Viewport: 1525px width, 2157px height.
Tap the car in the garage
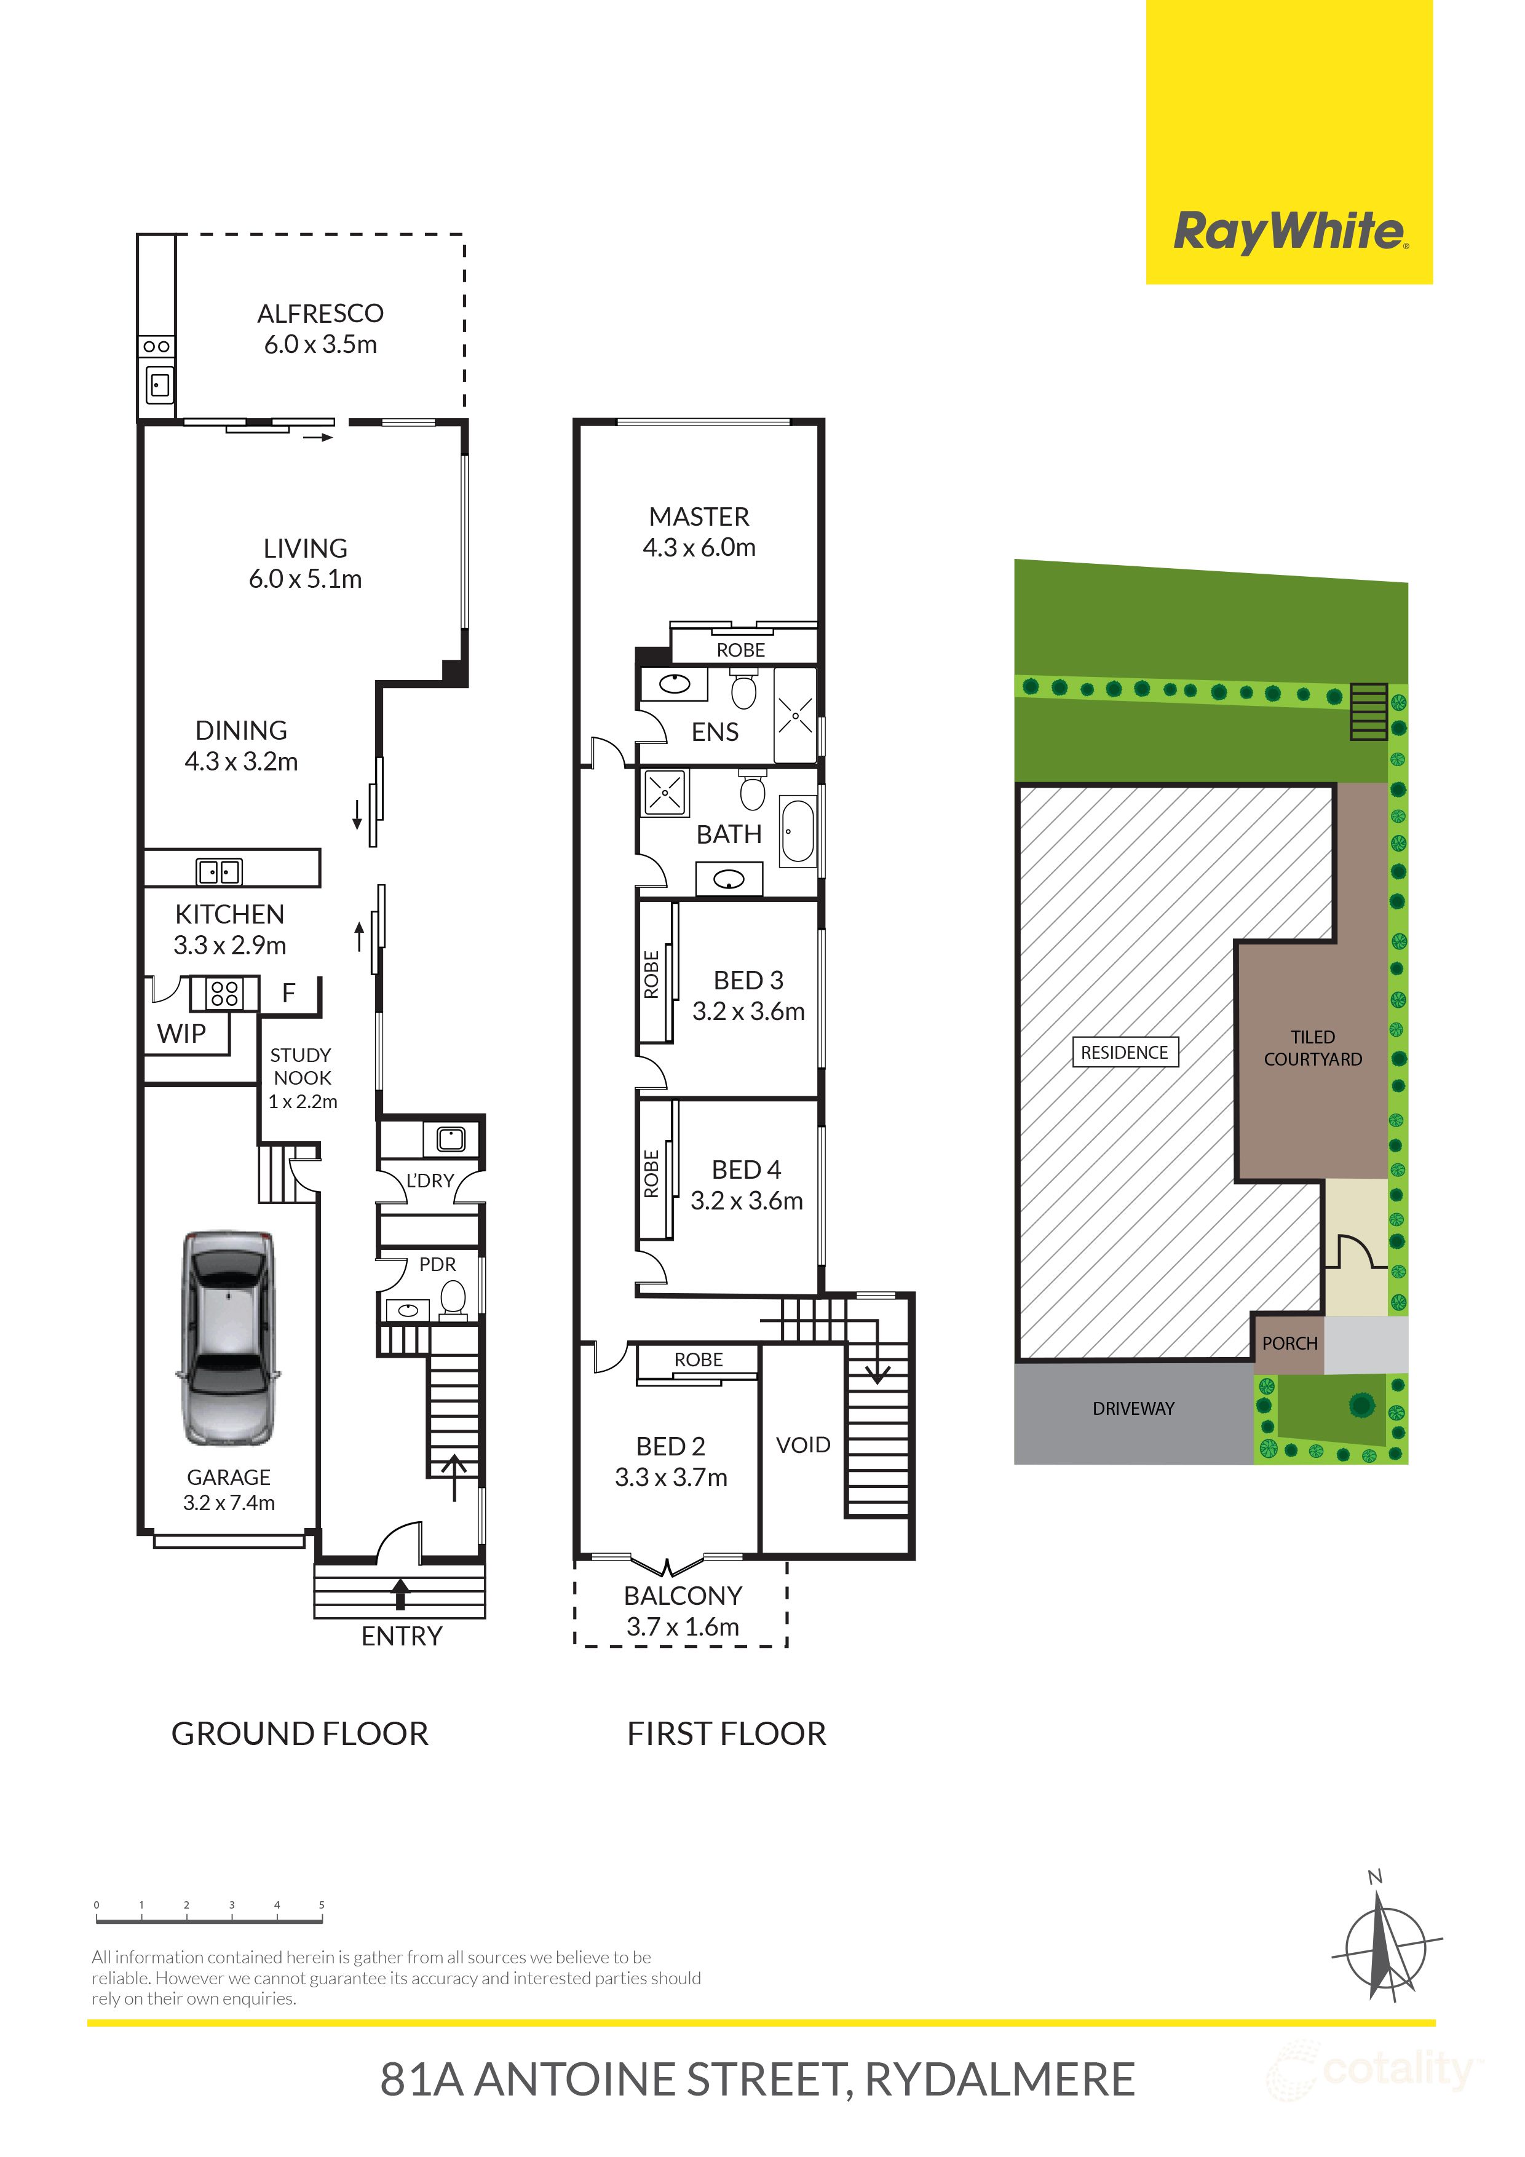[x=228, y=1338]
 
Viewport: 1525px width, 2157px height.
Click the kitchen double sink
[x=219, y=872]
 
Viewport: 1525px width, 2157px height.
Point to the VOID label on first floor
[x=803, y=1445]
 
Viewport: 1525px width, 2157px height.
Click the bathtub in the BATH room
[x=798, y=831]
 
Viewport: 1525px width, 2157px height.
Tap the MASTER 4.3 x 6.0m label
[x=699, y=532]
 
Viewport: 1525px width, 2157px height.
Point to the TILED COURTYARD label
[x=1313, y=1048]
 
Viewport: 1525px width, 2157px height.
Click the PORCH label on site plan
[x=1289, y=1344]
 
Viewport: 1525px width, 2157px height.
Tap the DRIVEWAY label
[x=1133, y=1408]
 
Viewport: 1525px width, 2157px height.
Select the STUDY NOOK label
[x=301, y=1077]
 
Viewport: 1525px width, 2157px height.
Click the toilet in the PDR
[x=453, y=1299]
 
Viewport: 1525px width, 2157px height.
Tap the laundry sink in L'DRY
[x=451, y=1139]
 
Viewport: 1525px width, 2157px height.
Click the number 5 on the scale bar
[x=322, y=1906]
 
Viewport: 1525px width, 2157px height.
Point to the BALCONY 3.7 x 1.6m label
[x=683, y=1610]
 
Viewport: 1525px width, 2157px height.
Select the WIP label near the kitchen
[x=181, y=1034]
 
